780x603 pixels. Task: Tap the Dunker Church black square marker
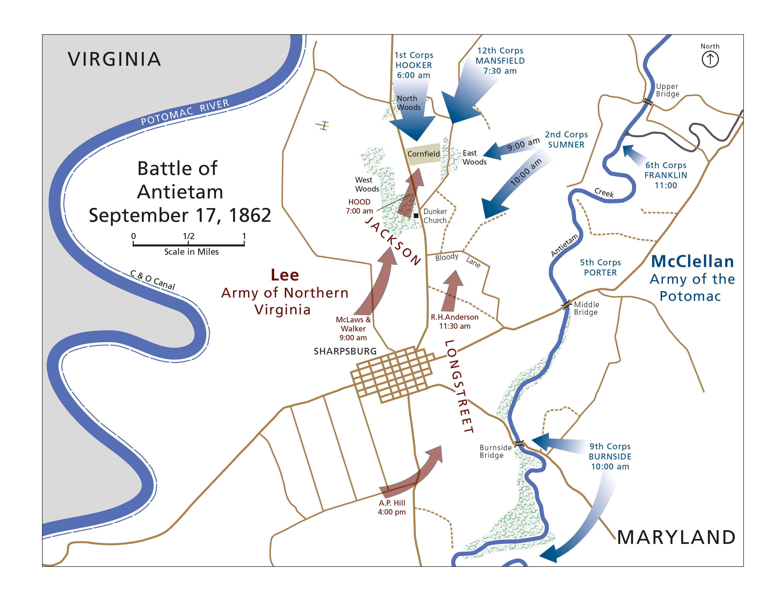tap(416, 215)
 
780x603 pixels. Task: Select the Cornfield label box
tap(423, 154)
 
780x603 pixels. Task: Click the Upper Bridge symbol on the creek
tap(648, 102)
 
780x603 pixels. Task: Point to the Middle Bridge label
tap(586, 308)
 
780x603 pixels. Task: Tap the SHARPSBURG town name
tap(345, 351)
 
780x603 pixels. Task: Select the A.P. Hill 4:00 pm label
tap(392, 507)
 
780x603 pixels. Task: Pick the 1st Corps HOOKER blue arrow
tap(413, 118)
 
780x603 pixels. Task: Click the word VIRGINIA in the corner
tap(114, 59)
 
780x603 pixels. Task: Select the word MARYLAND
tap(676, 537)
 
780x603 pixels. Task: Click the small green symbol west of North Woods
tap(323, 125)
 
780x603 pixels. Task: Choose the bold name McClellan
tap(692, 262)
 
